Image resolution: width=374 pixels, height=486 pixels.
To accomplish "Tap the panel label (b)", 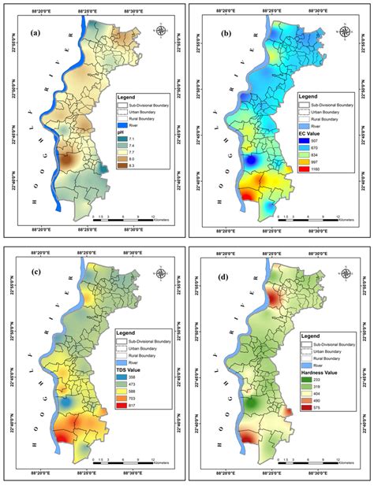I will click(x=223, y=33).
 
